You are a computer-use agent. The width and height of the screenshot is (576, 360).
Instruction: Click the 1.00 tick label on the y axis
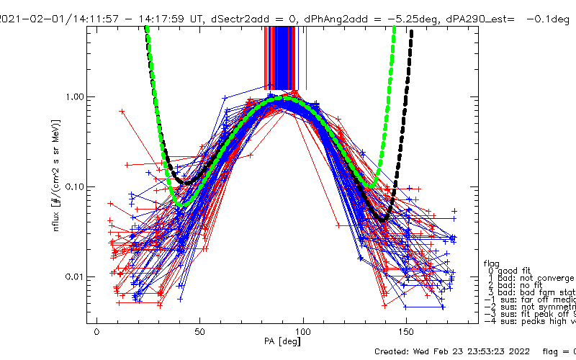point(73,96)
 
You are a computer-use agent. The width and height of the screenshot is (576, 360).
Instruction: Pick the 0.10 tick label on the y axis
point(73,187)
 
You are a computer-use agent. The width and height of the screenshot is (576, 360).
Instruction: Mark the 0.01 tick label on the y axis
point(73,277)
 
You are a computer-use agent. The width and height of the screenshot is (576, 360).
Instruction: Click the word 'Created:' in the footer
point(397,351)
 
